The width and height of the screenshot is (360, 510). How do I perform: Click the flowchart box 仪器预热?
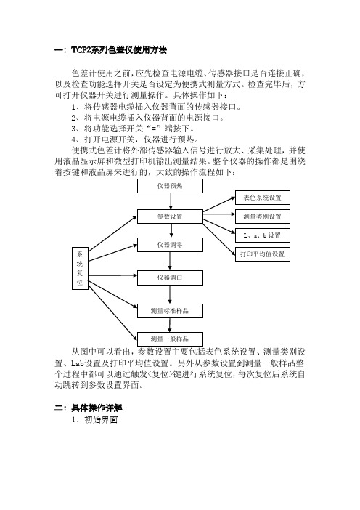(x=171, y=186)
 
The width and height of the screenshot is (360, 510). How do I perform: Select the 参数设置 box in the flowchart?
(x=171, y=216)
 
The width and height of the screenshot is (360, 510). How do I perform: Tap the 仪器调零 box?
(x=171, y=245)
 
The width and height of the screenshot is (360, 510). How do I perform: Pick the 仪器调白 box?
(x=171, y=278)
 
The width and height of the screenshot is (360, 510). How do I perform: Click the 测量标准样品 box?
(x=171, y=311)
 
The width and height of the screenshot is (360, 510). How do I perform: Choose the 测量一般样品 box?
(x=171, y=339)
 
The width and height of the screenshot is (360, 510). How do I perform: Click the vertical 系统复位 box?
(x=80, y=268)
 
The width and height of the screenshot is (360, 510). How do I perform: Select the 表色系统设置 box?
(x=263, y=198)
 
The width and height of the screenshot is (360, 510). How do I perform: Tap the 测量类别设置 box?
(x=263, y=216)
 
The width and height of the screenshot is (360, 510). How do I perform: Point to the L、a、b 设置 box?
(x=263, y=235)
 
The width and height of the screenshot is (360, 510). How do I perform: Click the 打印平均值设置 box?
(x=263, y=254)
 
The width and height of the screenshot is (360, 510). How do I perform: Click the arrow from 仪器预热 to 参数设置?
(x=171, y=201)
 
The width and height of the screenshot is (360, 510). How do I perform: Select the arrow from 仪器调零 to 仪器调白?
(x=170, y=262)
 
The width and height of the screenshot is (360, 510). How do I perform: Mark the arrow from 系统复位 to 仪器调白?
(x=112, y=275)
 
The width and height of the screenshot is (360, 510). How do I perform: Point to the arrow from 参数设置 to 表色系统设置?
(x=219, y=204)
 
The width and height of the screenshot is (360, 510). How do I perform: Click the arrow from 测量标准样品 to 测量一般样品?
(x=170, y=325)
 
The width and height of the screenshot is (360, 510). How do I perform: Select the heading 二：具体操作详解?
(x=89, y=408)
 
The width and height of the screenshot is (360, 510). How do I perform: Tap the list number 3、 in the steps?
(x=77, y=129)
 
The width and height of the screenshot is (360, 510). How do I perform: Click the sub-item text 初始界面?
(x=101, y=420)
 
